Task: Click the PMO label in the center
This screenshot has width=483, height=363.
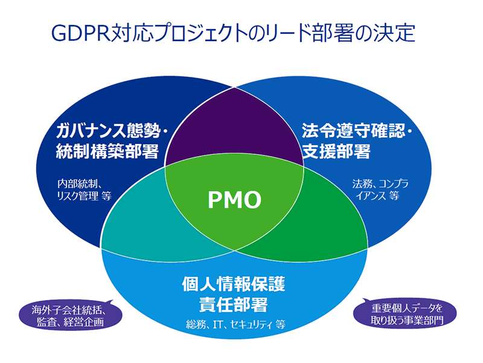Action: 234,200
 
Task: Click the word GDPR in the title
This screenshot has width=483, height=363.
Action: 81,33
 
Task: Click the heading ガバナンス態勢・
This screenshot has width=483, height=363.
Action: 112,131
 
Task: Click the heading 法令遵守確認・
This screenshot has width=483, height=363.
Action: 357,131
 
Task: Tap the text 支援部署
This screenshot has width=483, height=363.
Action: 336,151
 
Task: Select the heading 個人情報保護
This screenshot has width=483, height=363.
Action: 234,284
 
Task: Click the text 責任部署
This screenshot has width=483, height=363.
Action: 234,305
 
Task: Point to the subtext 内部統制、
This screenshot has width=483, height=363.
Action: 80,185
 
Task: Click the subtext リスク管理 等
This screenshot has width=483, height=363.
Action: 84,195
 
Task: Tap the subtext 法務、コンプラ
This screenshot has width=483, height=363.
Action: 380,184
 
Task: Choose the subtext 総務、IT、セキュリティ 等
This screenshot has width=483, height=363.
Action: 235,324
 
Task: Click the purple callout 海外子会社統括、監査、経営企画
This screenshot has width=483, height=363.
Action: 71,315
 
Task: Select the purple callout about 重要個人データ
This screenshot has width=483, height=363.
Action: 405,313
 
